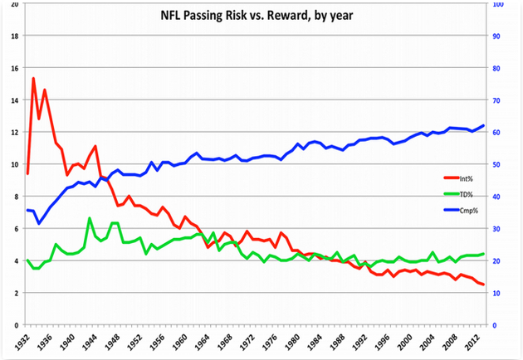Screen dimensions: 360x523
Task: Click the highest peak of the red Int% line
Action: pyautogui.click(x=33, y=78)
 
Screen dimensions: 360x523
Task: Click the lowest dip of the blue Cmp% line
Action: pyautogui.click(x=39, y=224)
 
